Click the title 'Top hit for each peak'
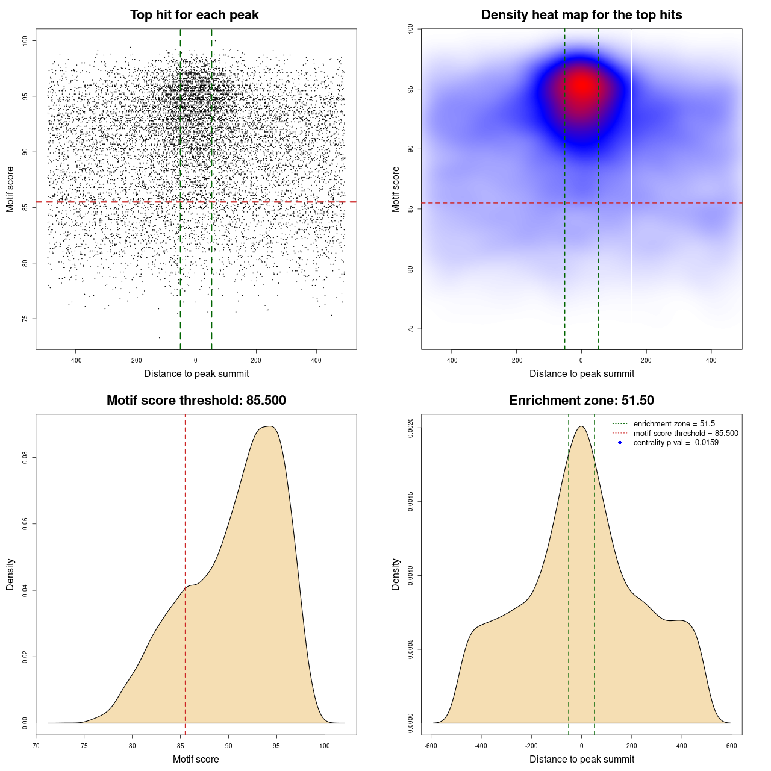point(194,15)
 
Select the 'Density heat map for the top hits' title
point(581,15)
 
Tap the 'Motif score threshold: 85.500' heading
point(196,401)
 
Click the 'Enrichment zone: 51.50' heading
point(581,401)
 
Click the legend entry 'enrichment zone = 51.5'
point(674,424)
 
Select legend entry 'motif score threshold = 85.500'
point(685,433)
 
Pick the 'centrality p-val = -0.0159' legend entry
point(676,443)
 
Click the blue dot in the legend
point(620,443)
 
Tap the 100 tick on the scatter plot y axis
point(25,40)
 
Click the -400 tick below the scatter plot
point(75,360)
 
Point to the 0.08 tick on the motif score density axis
point(25,458)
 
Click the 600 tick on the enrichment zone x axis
point(732,746)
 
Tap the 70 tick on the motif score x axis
point(36,746)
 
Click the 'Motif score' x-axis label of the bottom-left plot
point(196,759)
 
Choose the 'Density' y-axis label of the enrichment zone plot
point(396,574)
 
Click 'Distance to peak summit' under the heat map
point(581,373)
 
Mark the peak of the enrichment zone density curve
point(581,426)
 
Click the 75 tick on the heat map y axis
point(410,329)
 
